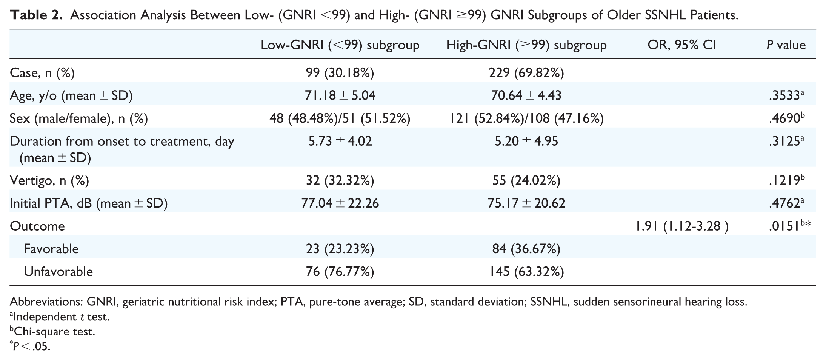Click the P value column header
coord(786,45)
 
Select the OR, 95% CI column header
coord(682,45)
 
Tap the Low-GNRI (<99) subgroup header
coord(340,45)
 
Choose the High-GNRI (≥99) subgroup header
coord(526,45)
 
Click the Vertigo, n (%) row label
coord(49,181)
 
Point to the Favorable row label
coord(51,249)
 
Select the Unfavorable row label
coord(58,271)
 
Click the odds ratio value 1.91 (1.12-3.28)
coord(682,226)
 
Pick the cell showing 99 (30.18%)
coord(340,73)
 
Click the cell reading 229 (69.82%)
coord(526,73)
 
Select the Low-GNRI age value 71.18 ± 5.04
coord(340,95)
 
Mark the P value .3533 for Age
coord(786,95)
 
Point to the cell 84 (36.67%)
coord(526,249)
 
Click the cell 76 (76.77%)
coord(340,271)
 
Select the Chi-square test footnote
coord(52,331)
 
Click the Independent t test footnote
coord(60,316)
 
